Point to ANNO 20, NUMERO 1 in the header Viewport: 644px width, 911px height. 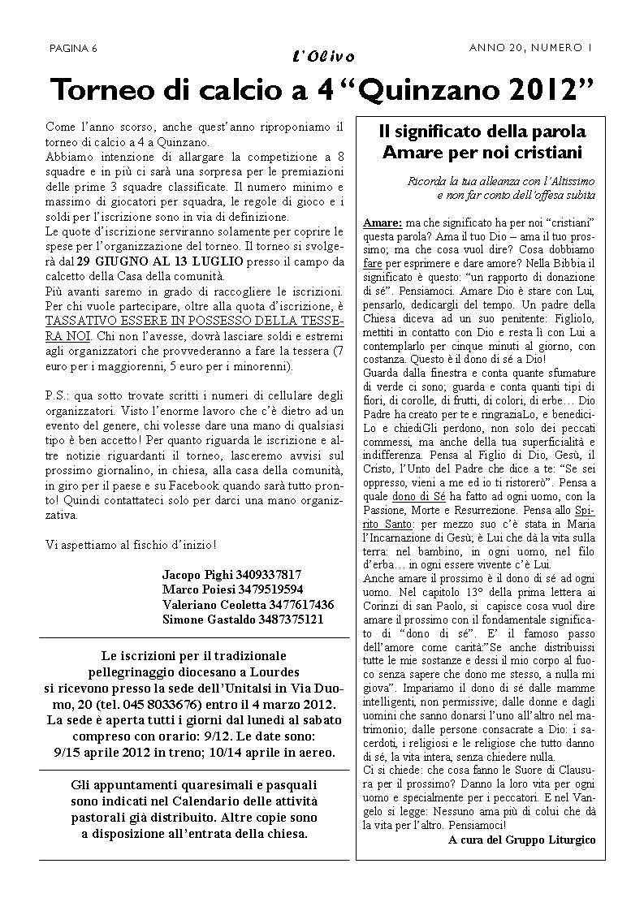pos(531,48)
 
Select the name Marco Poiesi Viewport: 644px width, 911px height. pos(197,589)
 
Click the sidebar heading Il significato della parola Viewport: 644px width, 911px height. pos(483,132)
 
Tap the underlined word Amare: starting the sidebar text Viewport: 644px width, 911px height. pos(382,222)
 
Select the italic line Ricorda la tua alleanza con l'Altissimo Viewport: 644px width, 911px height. pos(501,180)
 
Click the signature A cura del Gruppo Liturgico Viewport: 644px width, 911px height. pos(521,840)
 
